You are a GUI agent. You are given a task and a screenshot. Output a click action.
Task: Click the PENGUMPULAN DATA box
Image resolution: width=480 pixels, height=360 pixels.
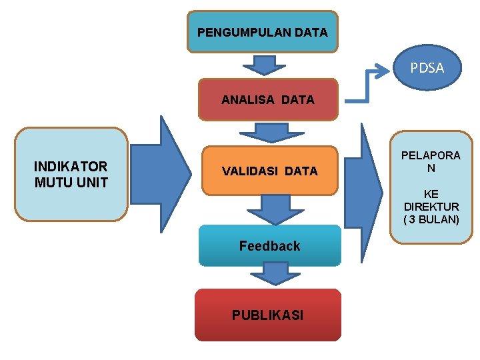pyautogui.click(x=262, y=31)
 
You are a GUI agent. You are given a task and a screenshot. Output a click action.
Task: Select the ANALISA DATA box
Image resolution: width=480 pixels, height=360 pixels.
pyautogui.click(x=268, y=100)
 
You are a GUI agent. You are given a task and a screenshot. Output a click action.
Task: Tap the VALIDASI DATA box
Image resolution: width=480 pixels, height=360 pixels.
pyautogui.click(x=269, y=171)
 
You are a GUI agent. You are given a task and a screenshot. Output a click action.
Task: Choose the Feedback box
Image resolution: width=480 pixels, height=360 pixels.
pyautogui.click(x=269, y=246)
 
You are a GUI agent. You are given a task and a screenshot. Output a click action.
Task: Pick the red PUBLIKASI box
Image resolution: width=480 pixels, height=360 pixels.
pyautogui.click(x=267, y=315)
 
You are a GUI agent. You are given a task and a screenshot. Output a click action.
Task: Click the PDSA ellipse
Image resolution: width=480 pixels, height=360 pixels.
pyautogui.click(x=427, y=67)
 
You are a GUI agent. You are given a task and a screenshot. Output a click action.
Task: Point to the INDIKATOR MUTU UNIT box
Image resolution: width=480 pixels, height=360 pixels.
pyautogui.click(x=71, y=174)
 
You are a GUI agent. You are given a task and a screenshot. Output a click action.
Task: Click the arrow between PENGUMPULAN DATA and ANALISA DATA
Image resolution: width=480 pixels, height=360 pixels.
pyautogui.click(x=265, y=65)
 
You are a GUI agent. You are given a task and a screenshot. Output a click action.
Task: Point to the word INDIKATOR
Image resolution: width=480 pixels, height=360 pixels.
pyautogui.click(x=71, y=167)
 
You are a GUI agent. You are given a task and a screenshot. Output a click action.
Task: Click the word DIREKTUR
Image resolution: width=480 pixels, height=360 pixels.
pyautogui.click(x=431, y=207)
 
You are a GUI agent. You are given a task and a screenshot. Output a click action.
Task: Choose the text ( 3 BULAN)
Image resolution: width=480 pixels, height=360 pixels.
pyautogui.click(x=431, y=219)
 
